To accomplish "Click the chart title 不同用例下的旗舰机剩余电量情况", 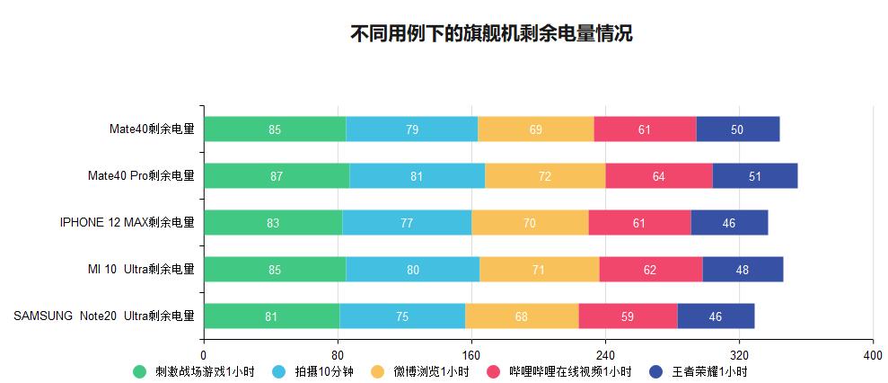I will coord(491,34).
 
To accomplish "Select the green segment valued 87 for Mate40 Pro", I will coord(276,176).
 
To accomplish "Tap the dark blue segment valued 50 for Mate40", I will coord(737,129).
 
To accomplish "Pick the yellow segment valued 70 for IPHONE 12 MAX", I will coord(530,223).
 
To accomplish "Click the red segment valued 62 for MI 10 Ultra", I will coord(650,270).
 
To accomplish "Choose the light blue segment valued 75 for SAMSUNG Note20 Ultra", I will coord(402,316).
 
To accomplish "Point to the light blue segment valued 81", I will coord(417,176).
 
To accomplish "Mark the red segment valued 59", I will coord(628,316).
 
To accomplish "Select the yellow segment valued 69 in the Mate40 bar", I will coord(535,129).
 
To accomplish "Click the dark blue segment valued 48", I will coord(743,270).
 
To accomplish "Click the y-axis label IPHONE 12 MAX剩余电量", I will coord(127,223).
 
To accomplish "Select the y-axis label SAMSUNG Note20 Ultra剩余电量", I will coord(104,316).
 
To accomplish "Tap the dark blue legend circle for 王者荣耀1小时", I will coord(655,372).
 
